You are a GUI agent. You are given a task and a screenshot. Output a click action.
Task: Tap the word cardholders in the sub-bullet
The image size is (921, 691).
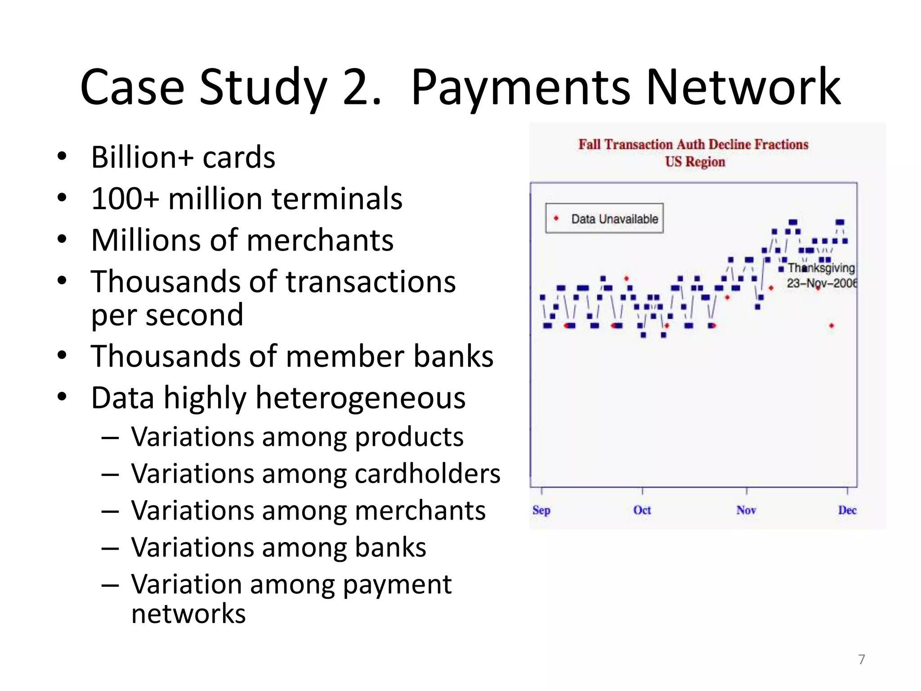pyautogui.click(x=427, y=474)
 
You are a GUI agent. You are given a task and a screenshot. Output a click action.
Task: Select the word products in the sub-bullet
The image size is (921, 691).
pyautogui.click(x=409, y=437)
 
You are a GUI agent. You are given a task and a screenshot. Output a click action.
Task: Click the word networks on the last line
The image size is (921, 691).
pyautogui.click(x=188, y=614)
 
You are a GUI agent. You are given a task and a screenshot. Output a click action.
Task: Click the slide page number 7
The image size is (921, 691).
pyautogui.click(x=862, y=660)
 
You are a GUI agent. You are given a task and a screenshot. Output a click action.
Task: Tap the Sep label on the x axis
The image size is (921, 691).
pyautogui.click(x=541, y=510)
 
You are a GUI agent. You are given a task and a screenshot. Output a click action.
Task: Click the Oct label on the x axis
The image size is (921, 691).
pyautogui.click(x=642, y=510)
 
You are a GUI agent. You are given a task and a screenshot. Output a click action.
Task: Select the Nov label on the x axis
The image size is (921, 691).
pyautogui.click(x=746, y=510)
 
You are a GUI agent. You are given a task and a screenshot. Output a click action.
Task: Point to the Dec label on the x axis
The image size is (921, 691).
pyautogui.click(x=847, y=510)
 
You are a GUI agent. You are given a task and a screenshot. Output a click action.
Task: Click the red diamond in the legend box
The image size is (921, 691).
pyautogui.click(x=556, y=219)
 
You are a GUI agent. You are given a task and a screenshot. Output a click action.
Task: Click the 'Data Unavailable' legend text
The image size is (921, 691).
pyautogui.click(x=614, y=219)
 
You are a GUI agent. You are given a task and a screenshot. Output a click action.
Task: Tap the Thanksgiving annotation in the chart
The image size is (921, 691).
pyautogui.click(x=821, y=268)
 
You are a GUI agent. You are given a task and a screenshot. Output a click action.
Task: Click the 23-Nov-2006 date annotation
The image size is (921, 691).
pyautogui.click(x=821, y=283)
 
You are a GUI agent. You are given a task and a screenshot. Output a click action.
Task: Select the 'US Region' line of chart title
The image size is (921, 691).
pyautogui.click(x=695, y=162)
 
